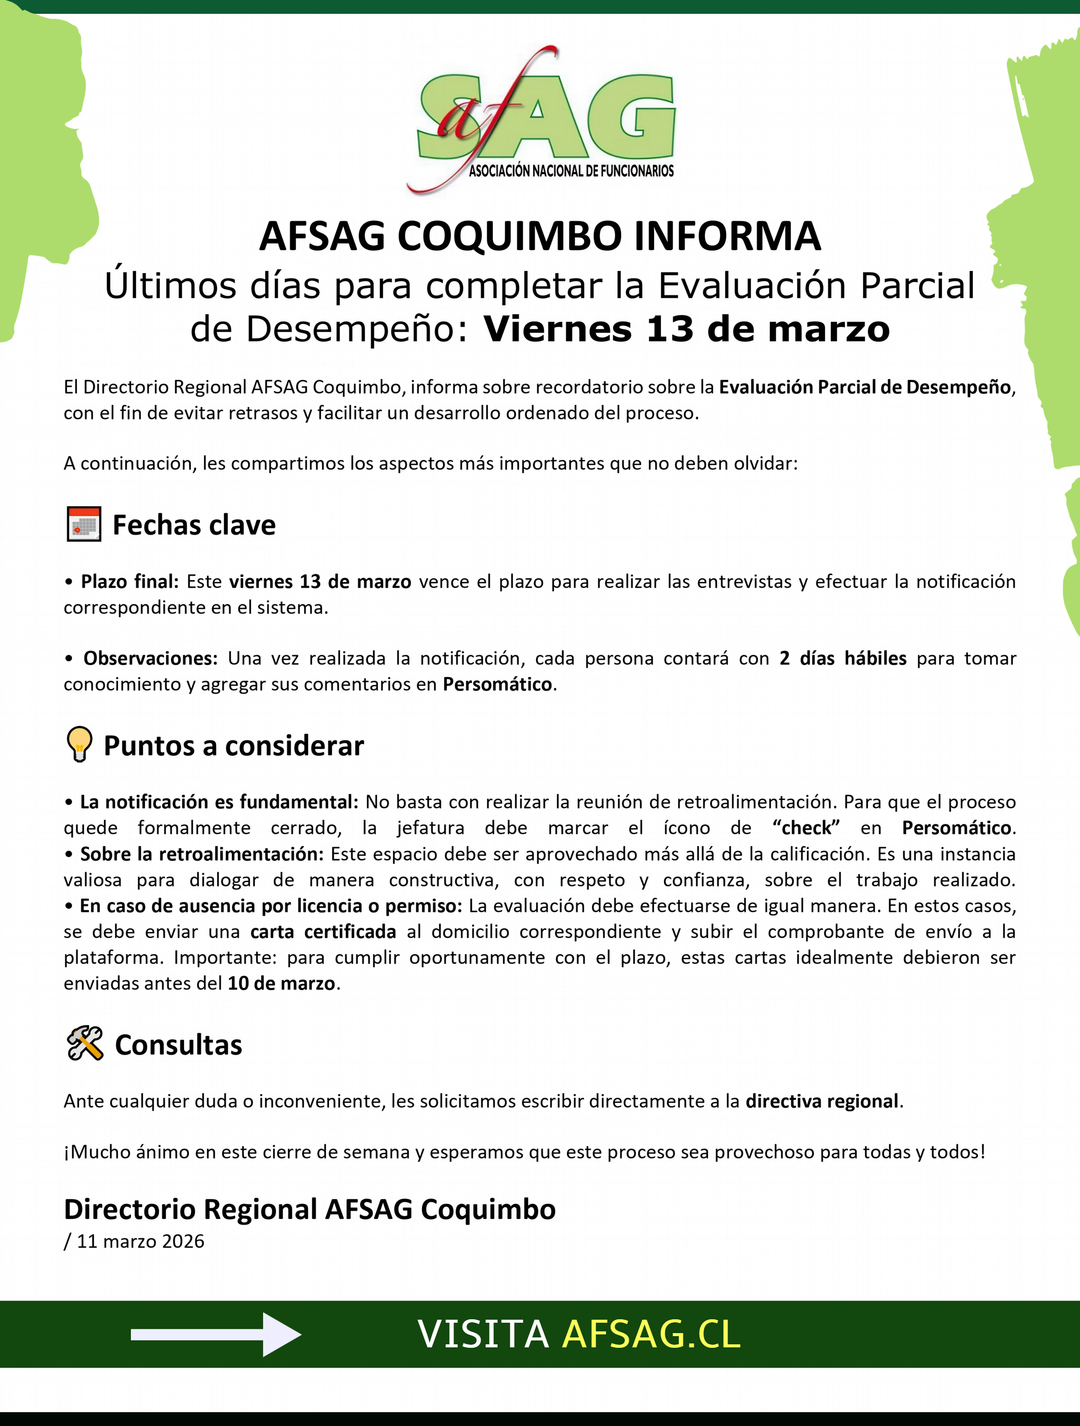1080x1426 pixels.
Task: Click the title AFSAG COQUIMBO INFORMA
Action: [x=540, y=236]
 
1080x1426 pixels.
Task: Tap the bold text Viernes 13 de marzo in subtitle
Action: [x=686, y=329]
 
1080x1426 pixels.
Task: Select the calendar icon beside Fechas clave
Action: [x=84, y=524]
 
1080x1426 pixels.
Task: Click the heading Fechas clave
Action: [x=194, y=525]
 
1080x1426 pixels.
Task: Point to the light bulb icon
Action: [x=79, y=745]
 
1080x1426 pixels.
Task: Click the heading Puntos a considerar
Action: [x=233, y=746]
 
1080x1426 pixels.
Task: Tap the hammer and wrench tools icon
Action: [x=84, y=1044]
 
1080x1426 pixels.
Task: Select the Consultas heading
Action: [x=178, y=1045]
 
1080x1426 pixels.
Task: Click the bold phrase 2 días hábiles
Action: [x=842, y=658]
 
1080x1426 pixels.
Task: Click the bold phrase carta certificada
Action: [x=323, y=932]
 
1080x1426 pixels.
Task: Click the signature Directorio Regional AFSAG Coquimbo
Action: [x=309, y=1210]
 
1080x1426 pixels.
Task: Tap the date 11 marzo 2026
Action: [x=140, y=1241]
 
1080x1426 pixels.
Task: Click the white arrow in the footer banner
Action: [x=216, y=1334]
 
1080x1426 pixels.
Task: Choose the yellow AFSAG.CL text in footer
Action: [x=651, y=1334]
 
